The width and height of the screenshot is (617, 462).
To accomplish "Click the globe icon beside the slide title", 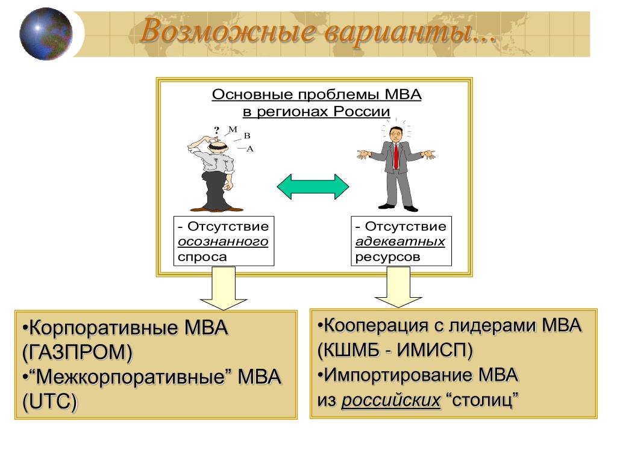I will [46, 34].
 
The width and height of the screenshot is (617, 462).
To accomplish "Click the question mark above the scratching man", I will [216, 129].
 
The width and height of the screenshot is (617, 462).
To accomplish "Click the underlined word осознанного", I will [222, 242].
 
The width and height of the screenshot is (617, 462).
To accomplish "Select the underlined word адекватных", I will [400, 242].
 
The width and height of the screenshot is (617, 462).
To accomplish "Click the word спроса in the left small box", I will [202, 257].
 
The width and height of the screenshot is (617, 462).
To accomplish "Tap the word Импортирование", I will [401, 375].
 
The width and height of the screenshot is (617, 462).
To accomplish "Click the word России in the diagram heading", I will [364, 111].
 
